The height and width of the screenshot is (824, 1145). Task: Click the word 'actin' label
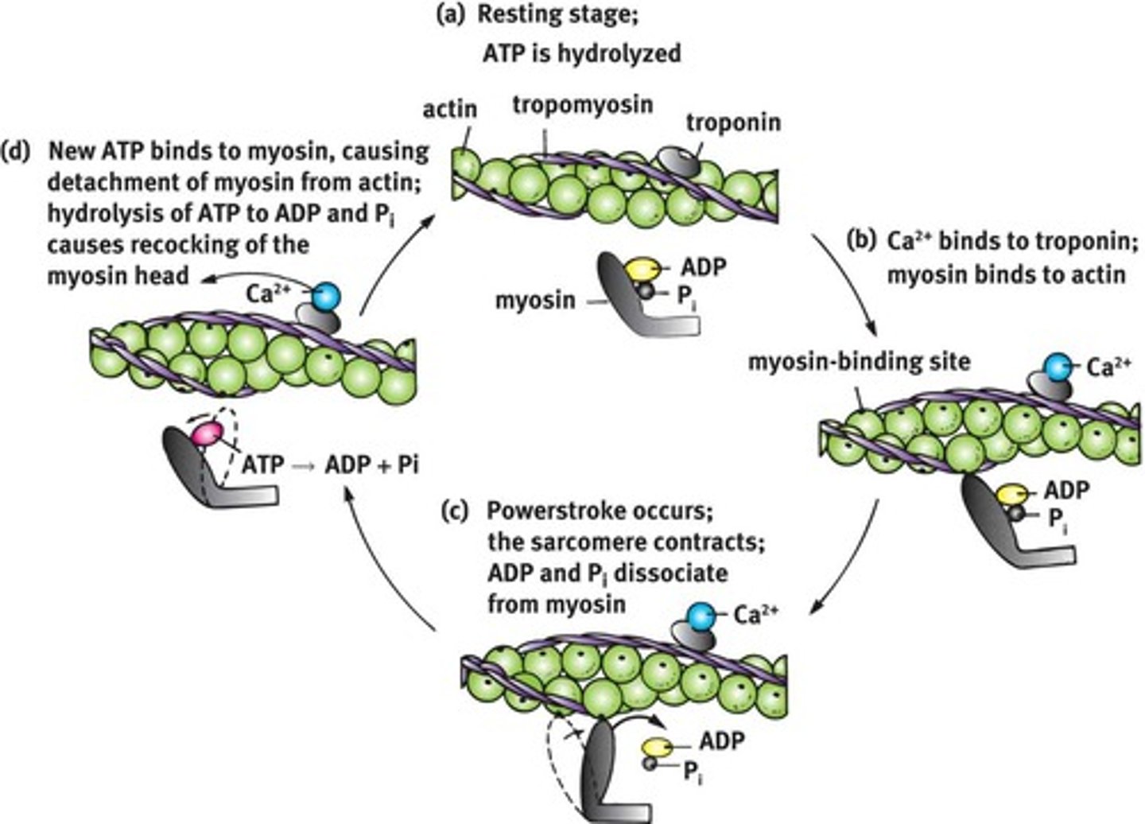pos(449,109)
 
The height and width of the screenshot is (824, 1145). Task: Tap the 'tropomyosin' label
pos(583,104)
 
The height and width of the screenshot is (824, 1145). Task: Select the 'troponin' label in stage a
pos(733,122)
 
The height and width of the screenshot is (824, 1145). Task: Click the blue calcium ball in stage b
pos(1058,367)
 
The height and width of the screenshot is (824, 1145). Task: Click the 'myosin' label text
pos(535,301)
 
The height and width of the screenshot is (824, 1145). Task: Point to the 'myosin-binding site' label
pos(860,362)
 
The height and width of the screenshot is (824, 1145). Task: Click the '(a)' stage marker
pos(451,16)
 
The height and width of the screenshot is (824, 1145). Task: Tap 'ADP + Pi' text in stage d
pos(371,464)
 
